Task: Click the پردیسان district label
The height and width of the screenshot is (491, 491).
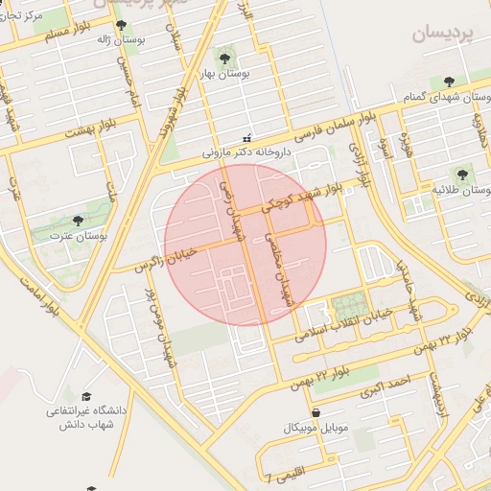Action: [x=444, y=35]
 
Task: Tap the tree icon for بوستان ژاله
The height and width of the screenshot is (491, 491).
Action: [x=120, y=27]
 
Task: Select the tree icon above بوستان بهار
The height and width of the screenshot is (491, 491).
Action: [x=224, y=58]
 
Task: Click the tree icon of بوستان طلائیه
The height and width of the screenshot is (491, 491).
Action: [x=462, y=175]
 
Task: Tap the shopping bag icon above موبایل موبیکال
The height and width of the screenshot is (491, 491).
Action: [x=316, y=412]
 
